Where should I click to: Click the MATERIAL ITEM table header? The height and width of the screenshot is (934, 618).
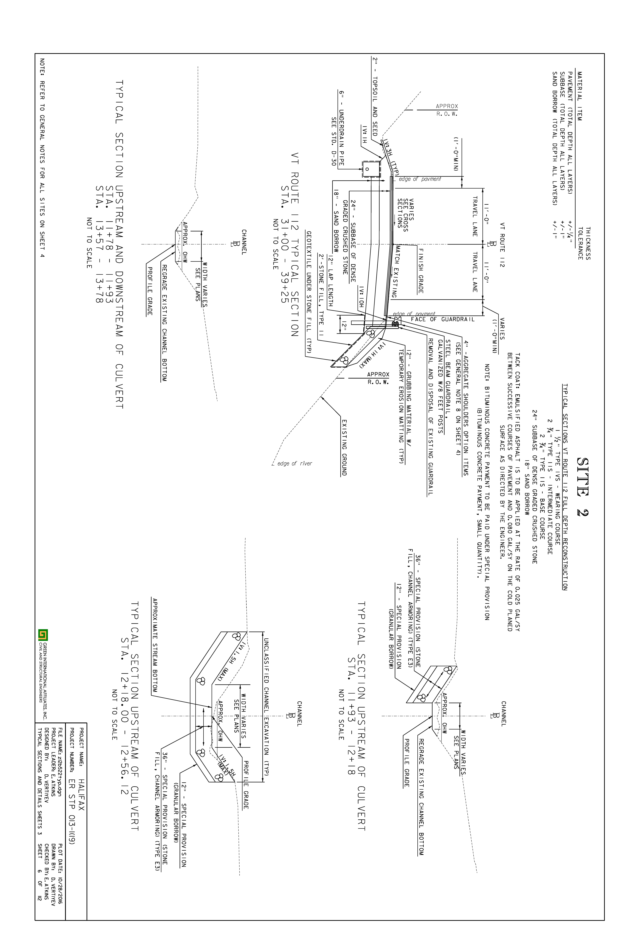coord(580,96)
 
